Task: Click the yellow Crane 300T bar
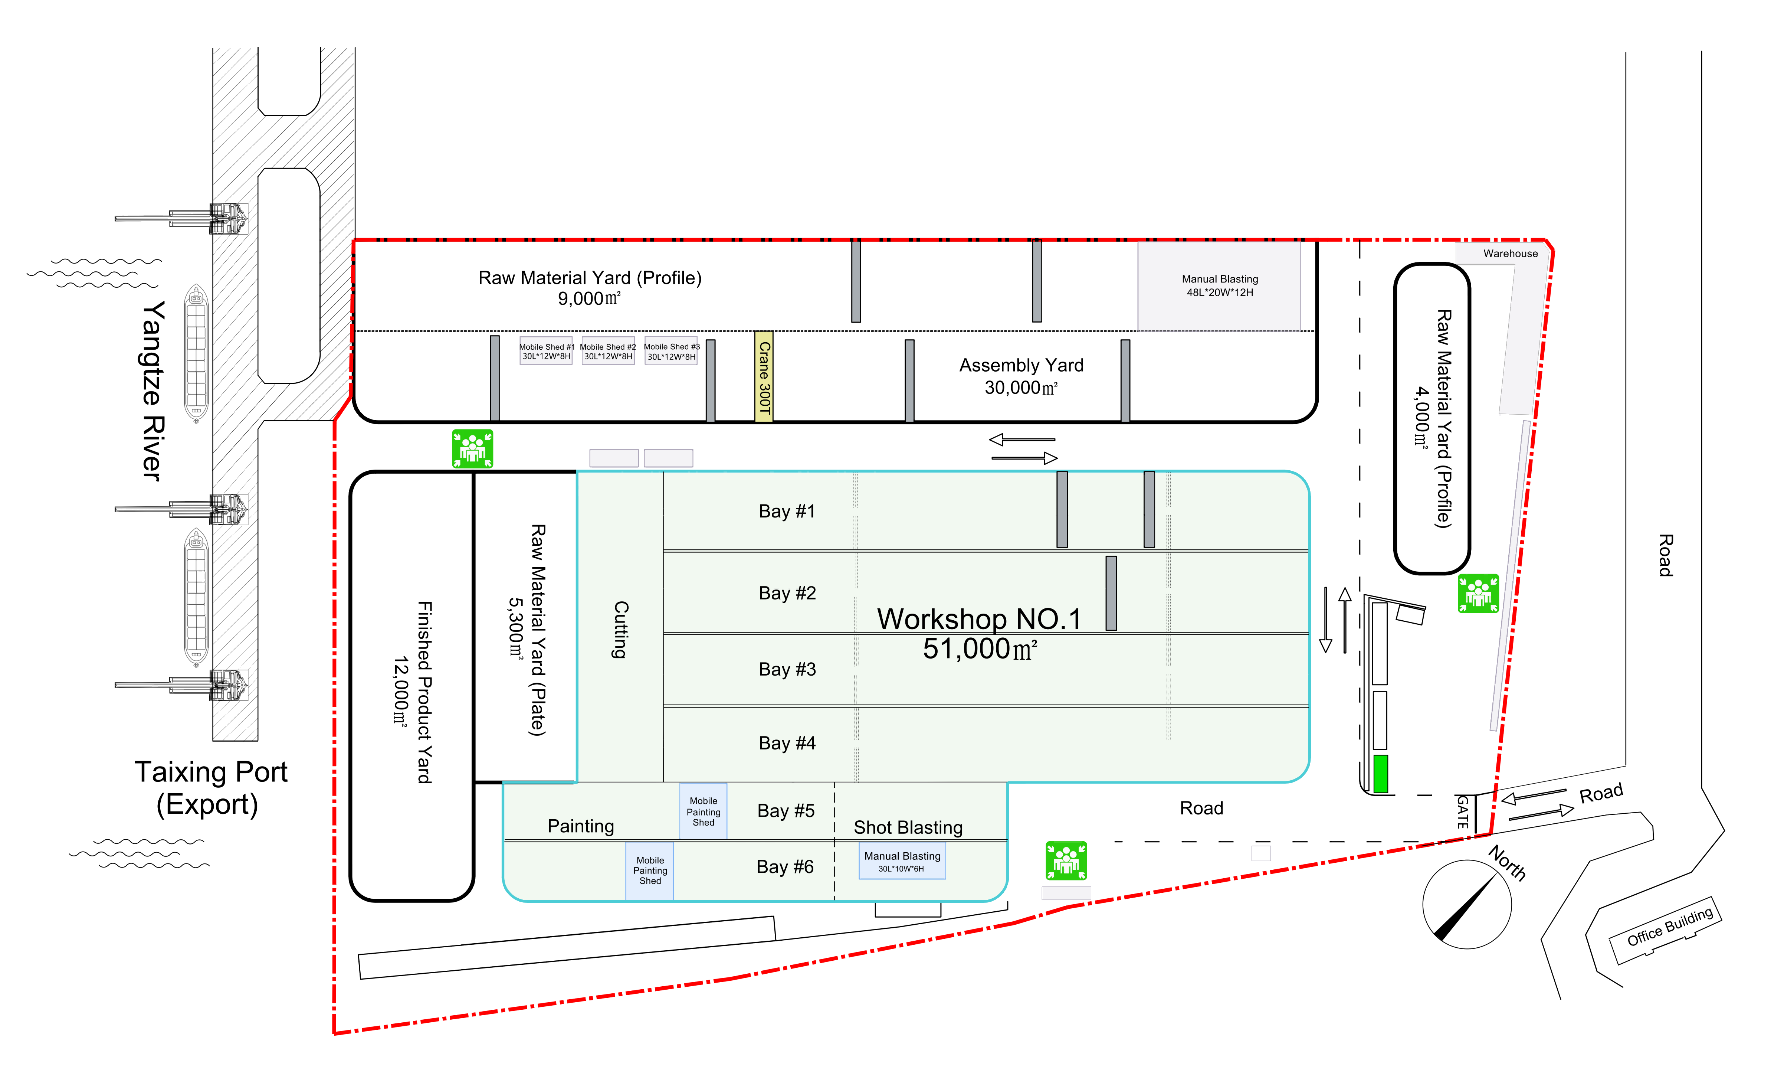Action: click(764, 377)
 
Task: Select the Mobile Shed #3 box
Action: click(671, 351)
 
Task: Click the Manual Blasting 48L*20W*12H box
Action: click(1220, 285)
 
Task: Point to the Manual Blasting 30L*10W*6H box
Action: click(902, 861)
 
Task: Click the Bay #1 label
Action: click(787, 511)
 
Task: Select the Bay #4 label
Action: click(787, 743)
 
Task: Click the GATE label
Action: click(1462, 812)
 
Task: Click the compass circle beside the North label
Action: click(1467, 904)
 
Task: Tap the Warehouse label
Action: click(1511, 253)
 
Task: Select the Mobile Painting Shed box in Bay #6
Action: click(650, 870)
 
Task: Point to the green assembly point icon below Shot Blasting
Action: click(1066, 860)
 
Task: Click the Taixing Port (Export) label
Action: click(210, 788)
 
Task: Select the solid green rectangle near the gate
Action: click(1380, 774)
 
